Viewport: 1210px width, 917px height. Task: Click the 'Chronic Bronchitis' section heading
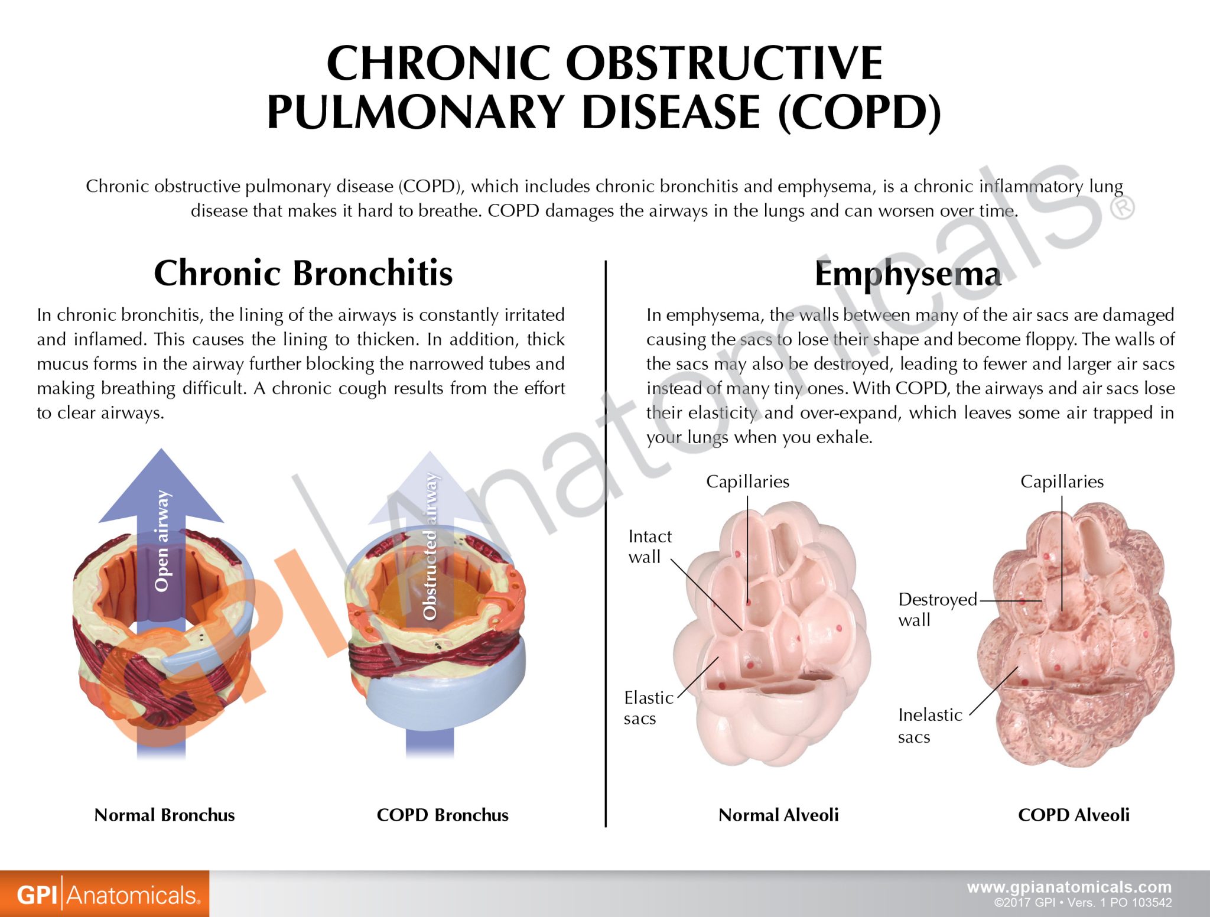[303, 273]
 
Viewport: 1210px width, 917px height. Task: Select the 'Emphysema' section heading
[908, 274]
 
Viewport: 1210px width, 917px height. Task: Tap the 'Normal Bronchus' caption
[164, 815]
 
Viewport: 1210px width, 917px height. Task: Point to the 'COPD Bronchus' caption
[443, 815]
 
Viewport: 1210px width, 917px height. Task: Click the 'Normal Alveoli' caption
[778, 815]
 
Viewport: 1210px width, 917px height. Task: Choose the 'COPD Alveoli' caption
[1074, 815]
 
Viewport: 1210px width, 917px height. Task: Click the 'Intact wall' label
[649, 547]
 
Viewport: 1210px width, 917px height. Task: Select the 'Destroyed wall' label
[936, 609]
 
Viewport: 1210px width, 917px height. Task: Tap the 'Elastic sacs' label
[648, 708]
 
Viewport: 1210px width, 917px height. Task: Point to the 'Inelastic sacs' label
[929, 726]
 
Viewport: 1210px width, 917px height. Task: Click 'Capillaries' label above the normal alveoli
[747, 482]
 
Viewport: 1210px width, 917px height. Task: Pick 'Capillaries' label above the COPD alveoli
[1062, 482]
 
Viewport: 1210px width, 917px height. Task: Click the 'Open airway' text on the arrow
[161, 541]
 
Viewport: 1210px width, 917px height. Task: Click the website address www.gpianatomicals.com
[1069, 887]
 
